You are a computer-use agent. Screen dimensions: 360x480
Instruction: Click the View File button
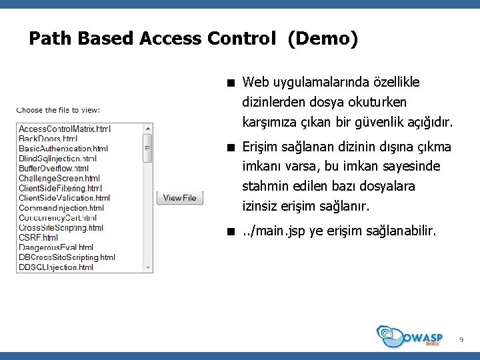(180, 198)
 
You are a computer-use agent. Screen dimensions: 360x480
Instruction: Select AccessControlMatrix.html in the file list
(65, 129)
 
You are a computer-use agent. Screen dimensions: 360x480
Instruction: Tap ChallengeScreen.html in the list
(59, 179)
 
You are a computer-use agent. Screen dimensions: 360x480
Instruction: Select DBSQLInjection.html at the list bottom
(57, 267)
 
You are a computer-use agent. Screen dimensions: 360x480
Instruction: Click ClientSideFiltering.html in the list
(60, 189)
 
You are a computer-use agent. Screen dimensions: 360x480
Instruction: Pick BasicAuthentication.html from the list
(63, 149)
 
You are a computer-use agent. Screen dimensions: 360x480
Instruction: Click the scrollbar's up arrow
(148, 128)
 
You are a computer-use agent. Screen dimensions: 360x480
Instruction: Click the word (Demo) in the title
(323, 39)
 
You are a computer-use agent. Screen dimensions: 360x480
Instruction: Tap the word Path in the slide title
(51, 39)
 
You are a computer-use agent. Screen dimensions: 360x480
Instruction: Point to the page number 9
(460, 341)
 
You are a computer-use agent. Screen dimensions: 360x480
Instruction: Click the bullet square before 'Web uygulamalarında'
(229, 83)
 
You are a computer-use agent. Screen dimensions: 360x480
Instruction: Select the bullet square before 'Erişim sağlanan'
(229, 147)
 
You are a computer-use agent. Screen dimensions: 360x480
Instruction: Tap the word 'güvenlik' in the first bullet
(386, 123)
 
